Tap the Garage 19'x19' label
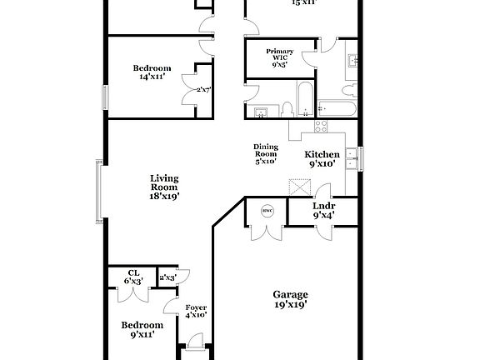291,299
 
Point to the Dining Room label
265,153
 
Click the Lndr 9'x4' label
323,210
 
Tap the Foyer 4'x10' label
196,310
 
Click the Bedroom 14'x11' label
152,72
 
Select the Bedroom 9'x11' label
141,329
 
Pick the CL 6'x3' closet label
133,277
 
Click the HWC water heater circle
267,211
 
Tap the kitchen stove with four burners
320,127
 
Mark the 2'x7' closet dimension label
202,90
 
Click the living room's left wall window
98,192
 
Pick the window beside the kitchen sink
362,157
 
